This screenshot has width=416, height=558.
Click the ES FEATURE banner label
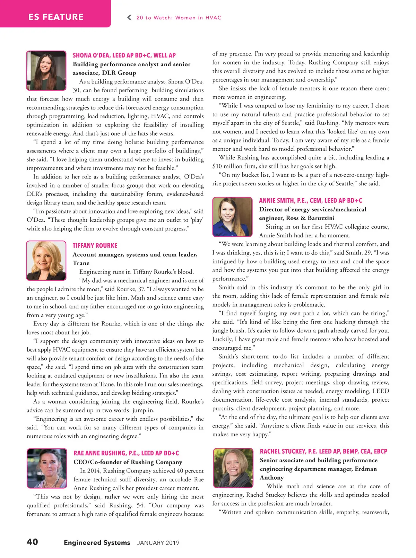coord(56,17)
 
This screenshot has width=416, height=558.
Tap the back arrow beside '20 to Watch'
coord(129,17)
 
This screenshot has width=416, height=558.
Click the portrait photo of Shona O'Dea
coord(46,71)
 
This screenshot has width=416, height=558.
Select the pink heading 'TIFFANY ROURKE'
coord(95,245)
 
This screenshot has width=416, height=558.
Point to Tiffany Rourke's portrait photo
coord(46,261)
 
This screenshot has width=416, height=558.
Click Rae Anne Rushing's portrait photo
coord(47,468)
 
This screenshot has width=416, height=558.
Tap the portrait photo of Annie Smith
coord(232,217)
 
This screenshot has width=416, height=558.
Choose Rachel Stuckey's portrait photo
coord(233,468)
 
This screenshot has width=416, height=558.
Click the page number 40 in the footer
coord(32,542)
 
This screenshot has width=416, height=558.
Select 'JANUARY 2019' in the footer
coord(158,543)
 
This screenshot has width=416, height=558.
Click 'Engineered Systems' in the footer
coord(97,542)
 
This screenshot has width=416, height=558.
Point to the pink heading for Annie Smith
coord(310,200)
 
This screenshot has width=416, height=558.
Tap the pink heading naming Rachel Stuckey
coord(323,451)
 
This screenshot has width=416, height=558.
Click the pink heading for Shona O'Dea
coord(124,55)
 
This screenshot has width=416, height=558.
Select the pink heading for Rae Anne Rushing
coord(126,453)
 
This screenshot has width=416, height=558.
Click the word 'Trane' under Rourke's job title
coord(81,263)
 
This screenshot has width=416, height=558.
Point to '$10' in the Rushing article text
coord(217,166)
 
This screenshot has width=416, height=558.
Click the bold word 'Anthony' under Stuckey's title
coord(271,477)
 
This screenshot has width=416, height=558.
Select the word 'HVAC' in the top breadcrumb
coord(213,18)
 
